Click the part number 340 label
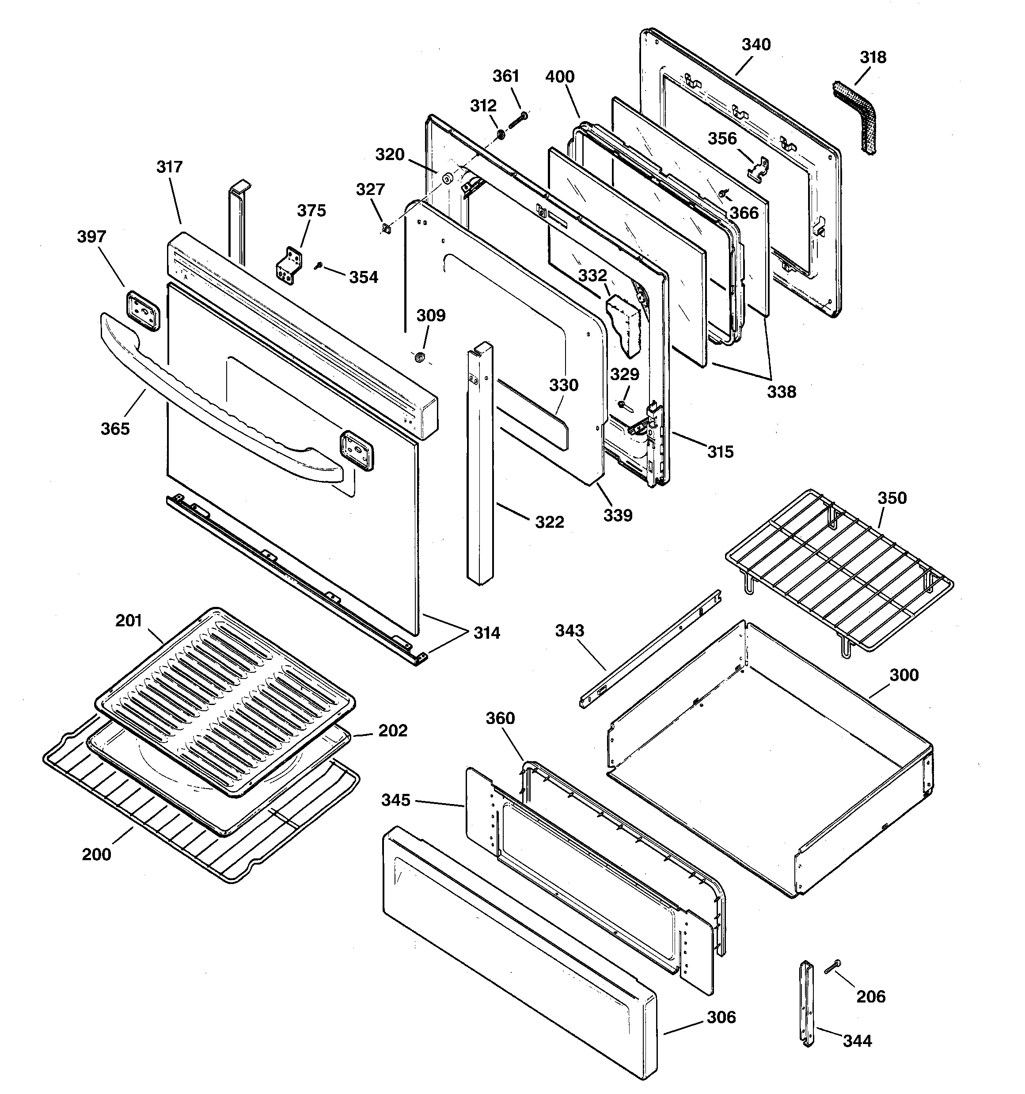(755, 45)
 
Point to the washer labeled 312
(501, 134)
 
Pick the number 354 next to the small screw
(363, 277)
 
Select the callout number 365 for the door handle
(115, 429)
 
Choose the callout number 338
(781, 393)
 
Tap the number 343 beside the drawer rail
(569, 631)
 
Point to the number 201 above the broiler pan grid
(129, 621)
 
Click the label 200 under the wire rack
(96, 854)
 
